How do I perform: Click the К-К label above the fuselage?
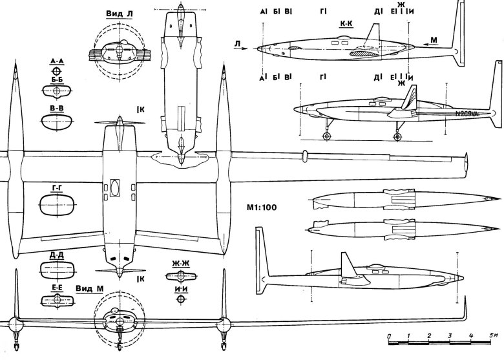coord(346,21)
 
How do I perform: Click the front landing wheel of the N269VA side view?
coord(327,138)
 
